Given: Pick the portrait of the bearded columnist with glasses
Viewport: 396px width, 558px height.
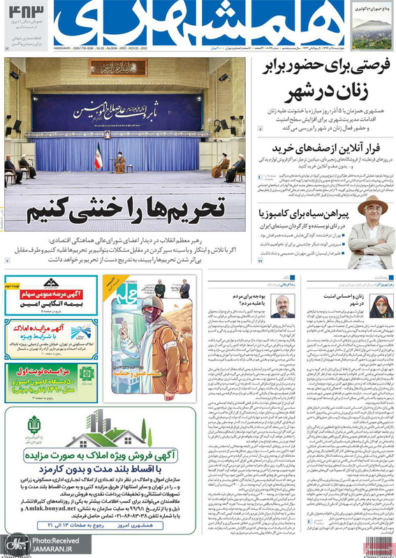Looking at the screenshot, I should (283, 306).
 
